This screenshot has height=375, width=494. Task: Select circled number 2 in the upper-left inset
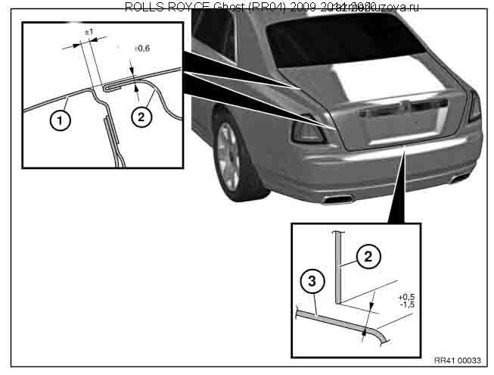[140, 116]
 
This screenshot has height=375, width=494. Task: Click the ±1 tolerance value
[89, 33]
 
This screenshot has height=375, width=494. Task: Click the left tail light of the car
[309, 130]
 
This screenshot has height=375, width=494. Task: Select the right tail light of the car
[474, 106]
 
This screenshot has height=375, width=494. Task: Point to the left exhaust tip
[335, 199]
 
